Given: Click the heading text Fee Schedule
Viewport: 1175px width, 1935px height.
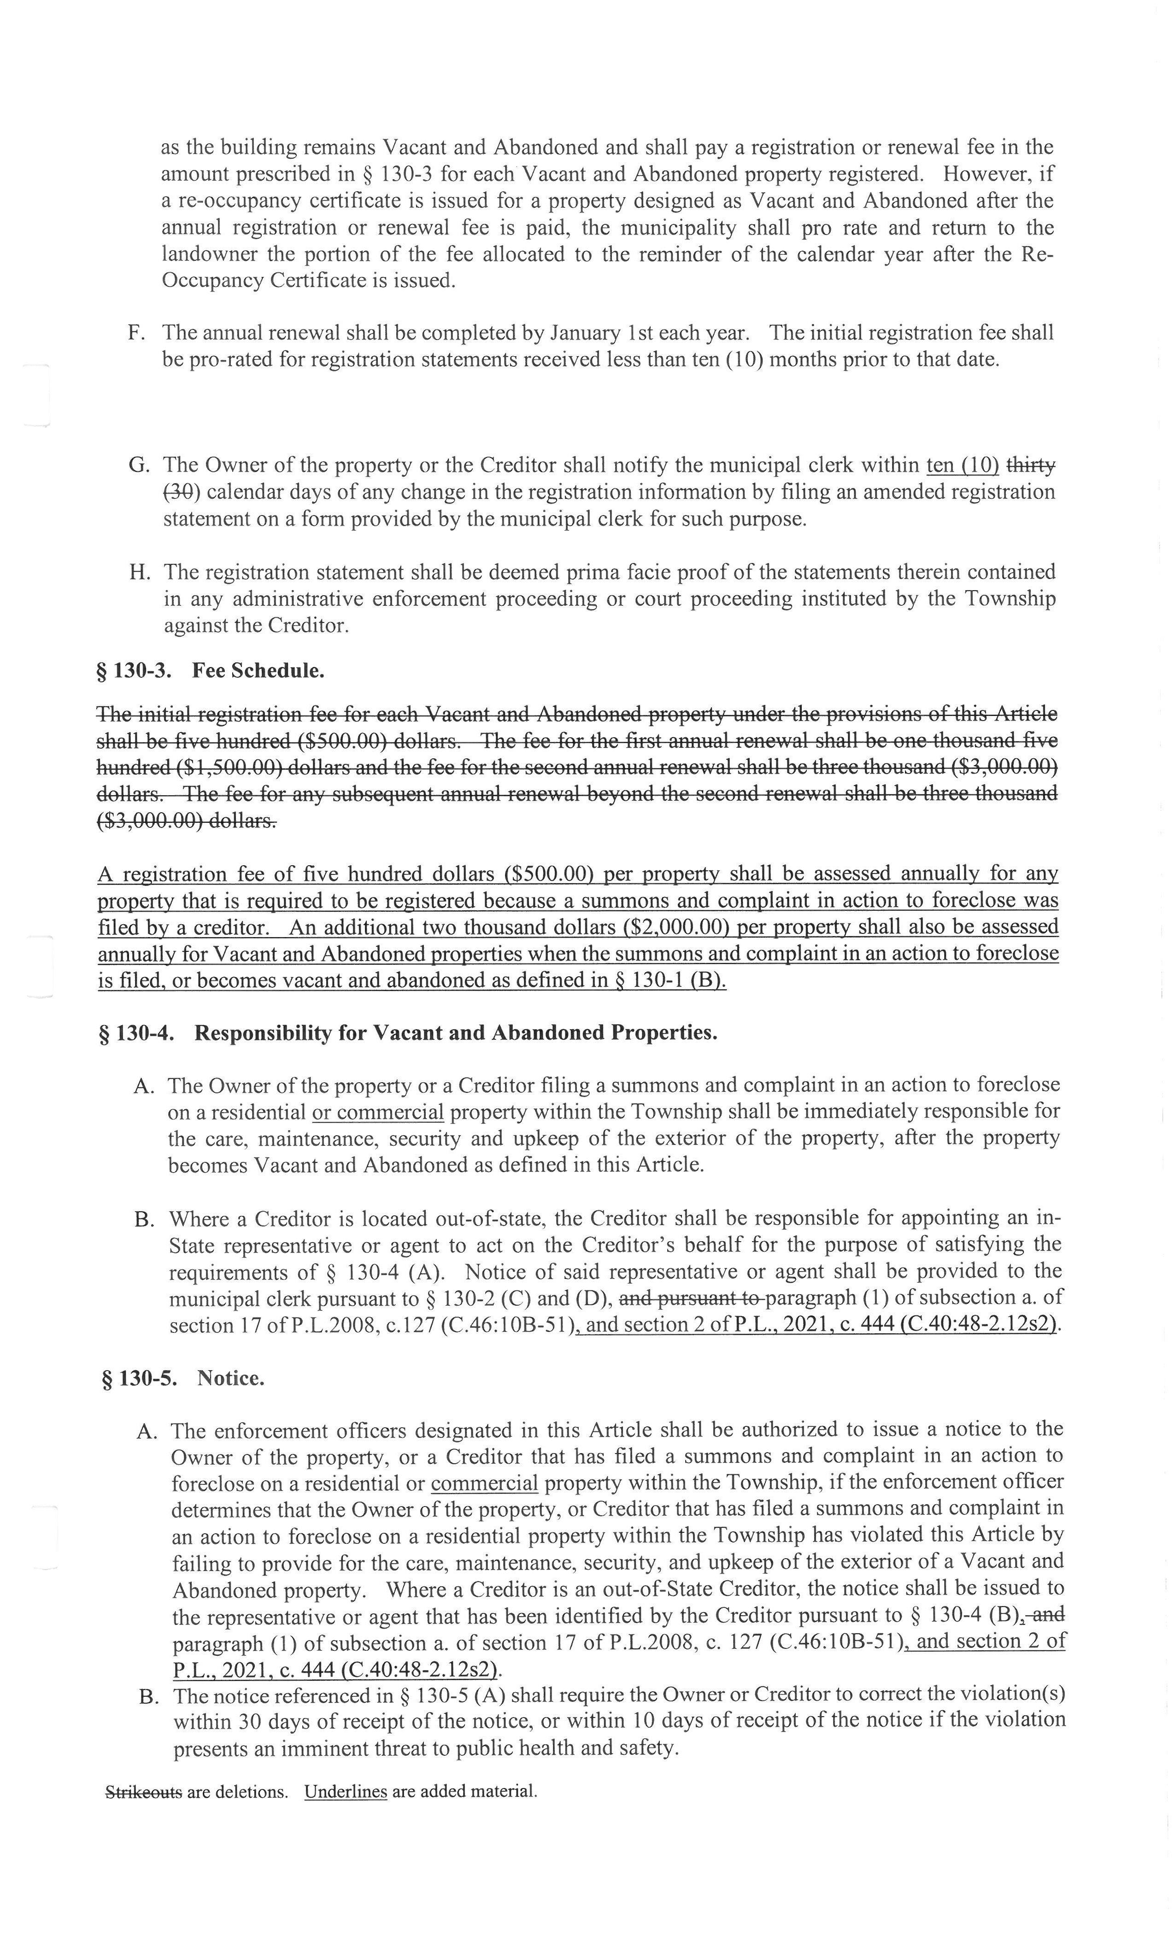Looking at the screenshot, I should (258, 671).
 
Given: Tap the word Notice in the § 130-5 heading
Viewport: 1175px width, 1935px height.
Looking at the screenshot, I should (230, 1378).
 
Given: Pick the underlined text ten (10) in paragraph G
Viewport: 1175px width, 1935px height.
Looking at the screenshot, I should (962, 465).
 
